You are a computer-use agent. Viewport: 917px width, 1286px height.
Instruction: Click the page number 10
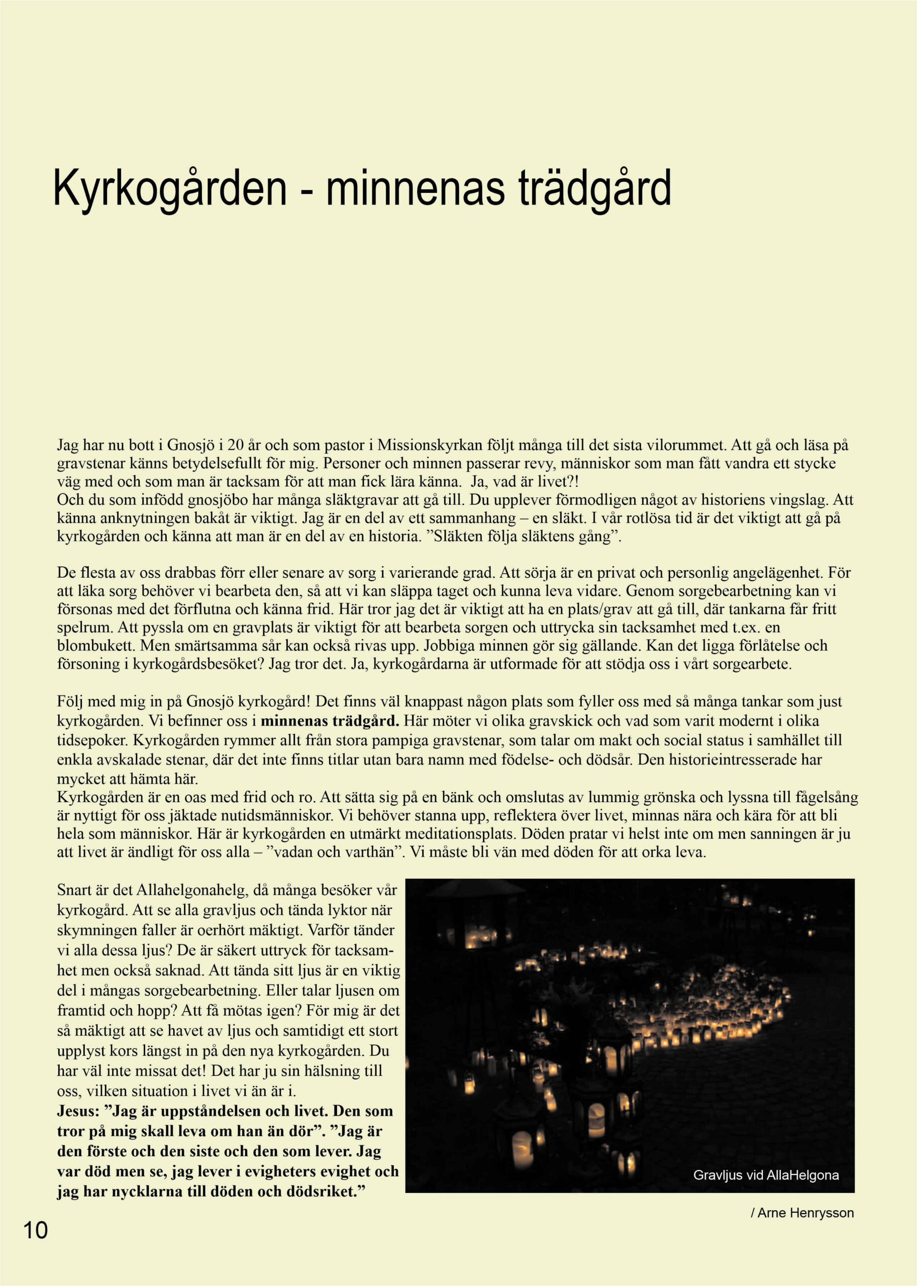(x=35, y=1230)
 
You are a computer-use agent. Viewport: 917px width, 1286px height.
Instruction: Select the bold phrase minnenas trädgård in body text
(x=330, y=721)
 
